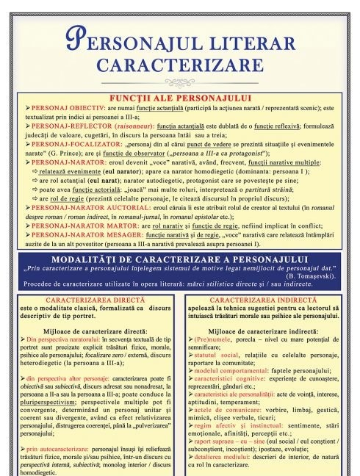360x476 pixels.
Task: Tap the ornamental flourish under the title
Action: (180, 82)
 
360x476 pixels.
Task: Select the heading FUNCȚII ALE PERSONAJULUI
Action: (179, 97)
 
